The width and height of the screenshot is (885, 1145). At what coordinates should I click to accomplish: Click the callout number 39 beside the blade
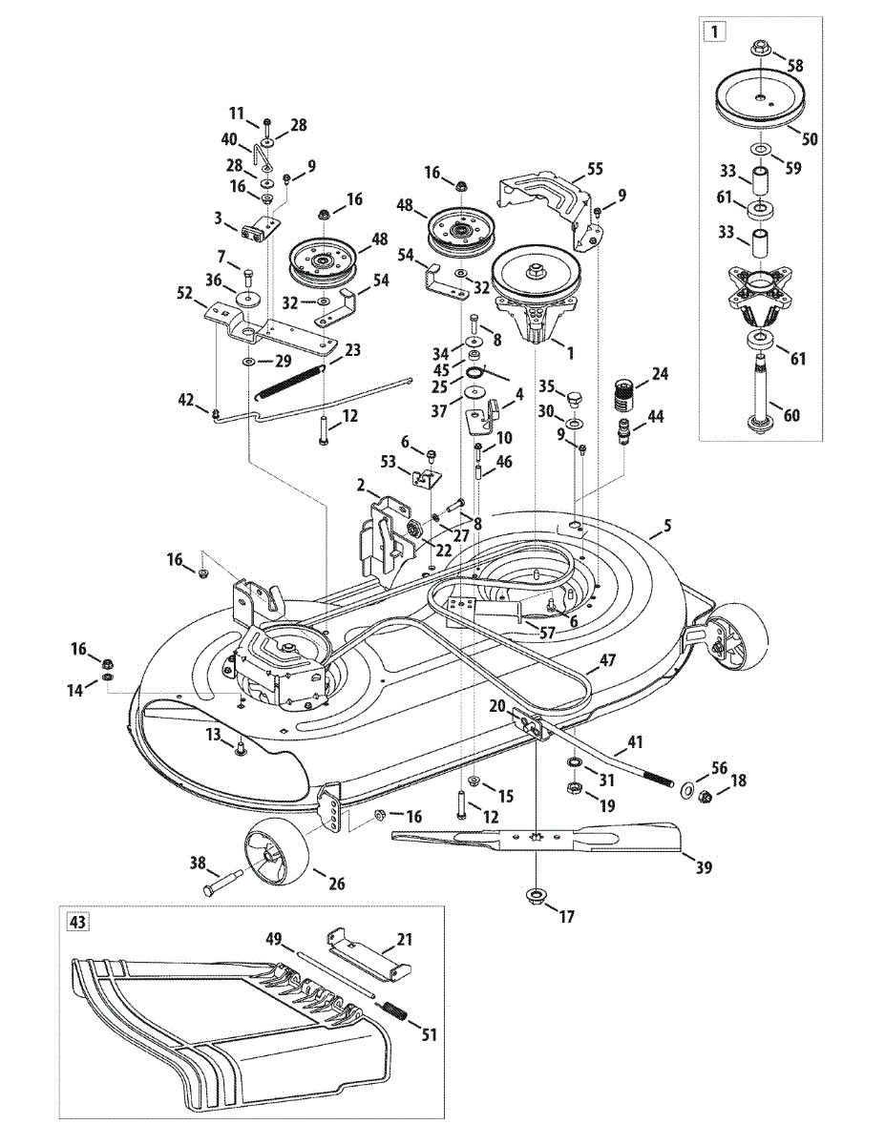[704, 867]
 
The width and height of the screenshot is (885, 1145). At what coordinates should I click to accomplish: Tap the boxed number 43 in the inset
[76, 922]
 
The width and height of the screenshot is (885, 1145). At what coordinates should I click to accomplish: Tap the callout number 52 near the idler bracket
[185, 298]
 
